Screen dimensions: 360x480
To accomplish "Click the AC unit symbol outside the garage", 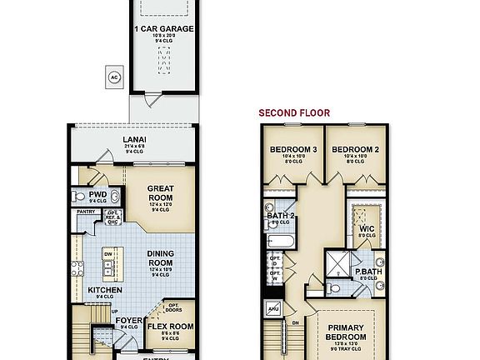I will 113,78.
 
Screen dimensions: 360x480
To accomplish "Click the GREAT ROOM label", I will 160,193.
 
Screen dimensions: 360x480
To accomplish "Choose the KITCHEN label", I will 106,290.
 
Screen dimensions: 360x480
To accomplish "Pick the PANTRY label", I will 87,212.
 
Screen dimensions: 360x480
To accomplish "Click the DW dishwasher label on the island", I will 108,252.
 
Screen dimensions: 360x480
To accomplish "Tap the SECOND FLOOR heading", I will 294,112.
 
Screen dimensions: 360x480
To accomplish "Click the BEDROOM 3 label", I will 292,150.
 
